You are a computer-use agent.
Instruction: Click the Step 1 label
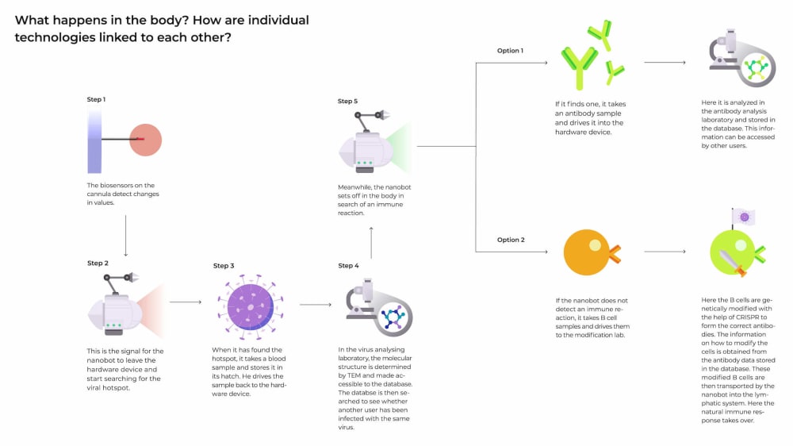coord(96,99)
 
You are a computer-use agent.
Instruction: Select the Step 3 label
coord(224,266)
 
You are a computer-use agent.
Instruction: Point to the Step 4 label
coord(348,265)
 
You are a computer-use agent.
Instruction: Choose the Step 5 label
coord(347,102)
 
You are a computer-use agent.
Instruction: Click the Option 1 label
coord(510,51)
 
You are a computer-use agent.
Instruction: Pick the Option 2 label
coord(511,240)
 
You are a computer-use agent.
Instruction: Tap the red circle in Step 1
coord(145,140)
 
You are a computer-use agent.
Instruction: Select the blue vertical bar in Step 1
coord(94,140)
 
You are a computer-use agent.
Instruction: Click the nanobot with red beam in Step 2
coord(119,306)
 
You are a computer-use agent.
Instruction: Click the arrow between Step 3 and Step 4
coord(315,304)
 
